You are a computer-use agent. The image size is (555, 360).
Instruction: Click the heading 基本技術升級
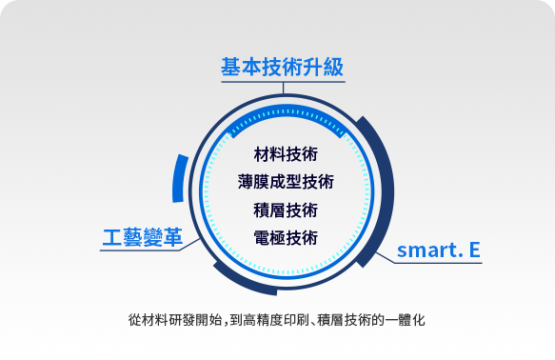(282, 67)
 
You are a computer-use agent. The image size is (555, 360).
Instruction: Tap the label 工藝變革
(143, 237)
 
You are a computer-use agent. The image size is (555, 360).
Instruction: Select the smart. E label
(439, 250)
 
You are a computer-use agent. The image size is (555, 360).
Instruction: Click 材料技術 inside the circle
(286, 154)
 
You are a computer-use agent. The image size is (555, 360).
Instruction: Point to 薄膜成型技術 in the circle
(286, 182)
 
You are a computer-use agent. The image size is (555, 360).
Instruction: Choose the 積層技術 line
(286, 210)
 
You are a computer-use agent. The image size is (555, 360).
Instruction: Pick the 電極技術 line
(286, 237)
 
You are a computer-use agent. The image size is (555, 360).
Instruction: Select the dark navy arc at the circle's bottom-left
(241, 284)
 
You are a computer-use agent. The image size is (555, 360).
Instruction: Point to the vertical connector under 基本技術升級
(283, 89)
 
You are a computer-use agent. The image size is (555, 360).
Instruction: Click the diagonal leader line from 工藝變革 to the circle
(189, 245)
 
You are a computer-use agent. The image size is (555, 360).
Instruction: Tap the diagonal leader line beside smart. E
(385, 258)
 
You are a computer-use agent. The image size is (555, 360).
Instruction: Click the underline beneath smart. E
(438, 263)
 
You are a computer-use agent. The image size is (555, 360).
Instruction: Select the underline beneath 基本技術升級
(283, 82)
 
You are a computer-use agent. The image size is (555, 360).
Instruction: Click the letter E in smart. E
(475, 250)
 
